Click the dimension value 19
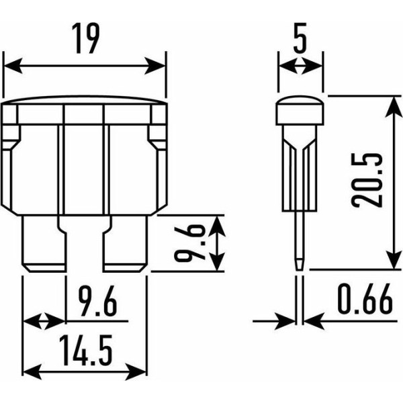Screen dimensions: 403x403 [85, 38]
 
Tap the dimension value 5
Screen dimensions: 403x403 [300, 38]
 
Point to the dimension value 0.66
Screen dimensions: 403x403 [365, 299]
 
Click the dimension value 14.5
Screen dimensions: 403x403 [86, 350]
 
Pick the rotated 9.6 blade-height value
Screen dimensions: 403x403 [189, 243]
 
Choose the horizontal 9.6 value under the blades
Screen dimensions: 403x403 [97, 301]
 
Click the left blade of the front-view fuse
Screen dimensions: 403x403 [44, 244]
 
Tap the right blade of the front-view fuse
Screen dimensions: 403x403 [126, 244]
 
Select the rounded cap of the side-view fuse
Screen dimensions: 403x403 [300, 110]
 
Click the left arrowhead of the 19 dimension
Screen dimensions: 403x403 [13, 66]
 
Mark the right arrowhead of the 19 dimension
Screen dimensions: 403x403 [155, 66]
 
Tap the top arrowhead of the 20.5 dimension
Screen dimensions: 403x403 [394, 107]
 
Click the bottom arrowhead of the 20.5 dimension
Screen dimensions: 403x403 [394, 259]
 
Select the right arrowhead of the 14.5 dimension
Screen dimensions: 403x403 [136, 371]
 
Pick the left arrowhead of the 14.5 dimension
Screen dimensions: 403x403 [32, 371]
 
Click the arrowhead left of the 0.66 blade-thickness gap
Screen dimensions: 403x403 [285, 321]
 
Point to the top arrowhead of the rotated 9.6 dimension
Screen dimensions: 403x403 [217, 226]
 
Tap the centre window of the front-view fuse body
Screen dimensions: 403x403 [83, 170]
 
